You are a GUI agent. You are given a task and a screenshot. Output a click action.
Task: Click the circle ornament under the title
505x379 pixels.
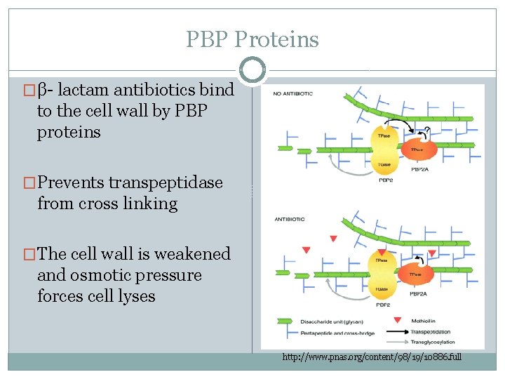click(252, 69)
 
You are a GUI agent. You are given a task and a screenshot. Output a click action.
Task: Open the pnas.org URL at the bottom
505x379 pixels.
click(372, 357)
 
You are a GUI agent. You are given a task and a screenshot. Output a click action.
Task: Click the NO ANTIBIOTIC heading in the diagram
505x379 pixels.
click(293, 93)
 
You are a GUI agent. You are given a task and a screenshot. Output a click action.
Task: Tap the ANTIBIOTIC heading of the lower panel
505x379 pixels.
click(288, 220)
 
